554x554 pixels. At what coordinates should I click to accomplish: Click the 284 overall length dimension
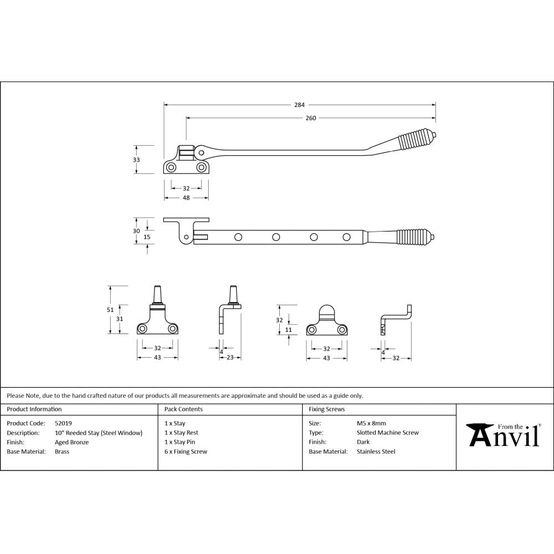tap(299, 104)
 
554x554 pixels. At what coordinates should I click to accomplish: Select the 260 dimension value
tap(310, 117)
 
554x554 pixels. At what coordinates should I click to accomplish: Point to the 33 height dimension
tap(136, 160)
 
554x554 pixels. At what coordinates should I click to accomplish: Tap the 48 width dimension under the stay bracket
tap(186, 197)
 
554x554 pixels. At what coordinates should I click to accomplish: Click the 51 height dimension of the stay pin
tap(110, 310)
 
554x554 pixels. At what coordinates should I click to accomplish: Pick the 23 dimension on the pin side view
tap(229, 358)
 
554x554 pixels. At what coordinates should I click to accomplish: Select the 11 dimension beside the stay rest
tap(288, 330)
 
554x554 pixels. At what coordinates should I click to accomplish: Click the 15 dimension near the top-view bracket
tap(147, 237)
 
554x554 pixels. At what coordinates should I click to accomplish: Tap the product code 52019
tap(63, 423)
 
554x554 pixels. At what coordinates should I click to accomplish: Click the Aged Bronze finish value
tap(71, 442)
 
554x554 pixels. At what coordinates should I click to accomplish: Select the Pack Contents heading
tap(183, 409)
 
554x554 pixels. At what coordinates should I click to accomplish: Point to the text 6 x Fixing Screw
tap(186, 452)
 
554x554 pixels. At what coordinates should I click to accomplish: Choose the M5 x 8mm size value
tap(371, 423)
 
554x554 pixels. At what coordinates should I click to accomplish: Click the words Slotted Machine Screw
tap(388, 433)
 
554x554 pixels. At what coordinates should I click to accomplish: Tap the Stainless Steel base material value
tap(376, 452)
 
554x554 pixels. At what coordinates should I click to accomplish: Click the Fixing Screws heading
tap(326, 409)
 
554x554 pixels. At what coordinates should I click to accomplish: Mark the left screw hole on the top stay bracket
tap(172, 167)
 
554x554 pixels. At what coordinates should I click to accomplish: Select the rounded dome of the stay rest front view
tap(326, 311)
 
